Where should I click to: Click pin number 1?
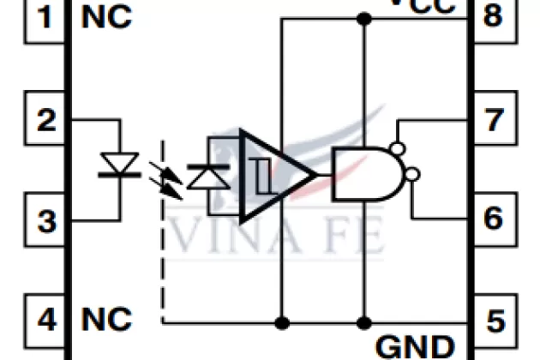[47, 17]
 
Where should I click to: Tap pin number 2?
[47, 120]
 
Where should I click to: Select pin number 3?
[47, 221]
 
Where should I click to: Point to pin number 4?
[47, 321]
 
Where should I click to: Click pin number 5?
[493, 321]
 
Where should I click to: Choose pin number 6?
[493, 218]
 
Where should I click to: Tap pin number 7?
[493, 120]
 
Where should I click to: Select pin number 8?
[493, 17]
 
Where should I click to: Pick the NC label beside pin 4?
[107, 321]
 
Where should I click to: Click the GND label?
[415, 346]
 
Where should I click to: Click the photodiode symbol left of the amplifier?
[205, 175]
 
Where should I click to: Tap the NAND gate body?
[360, 174]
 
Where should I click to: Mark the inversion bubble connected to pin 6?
[412, 175]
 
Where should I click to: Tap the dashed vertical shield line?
[162, 257]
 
